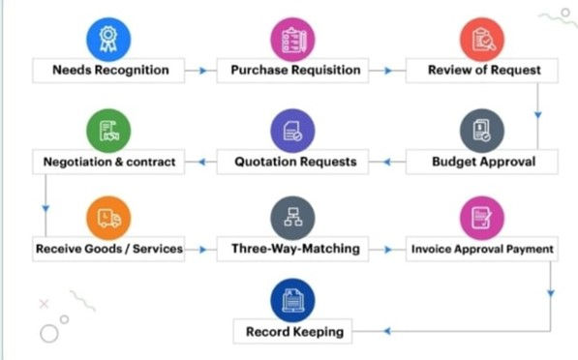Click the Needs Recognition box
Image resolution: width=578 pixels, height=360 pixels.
tap(109, 70)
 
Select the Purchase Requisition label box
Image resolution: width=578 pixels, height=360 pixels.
tap(295, 70)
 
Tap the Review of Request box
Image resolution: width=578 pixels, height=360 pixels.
tap(484, 70)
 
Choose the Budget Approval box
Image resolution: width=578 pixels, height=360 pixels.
tap(482, 162)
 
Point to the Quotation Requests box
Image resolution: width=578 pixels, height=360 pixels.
tap(295, 162)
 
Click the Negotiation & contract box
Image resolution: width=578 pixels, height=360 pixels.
tap(109, 162)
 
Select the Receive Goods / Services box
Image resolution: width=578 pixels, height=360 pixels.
tap(109, 249)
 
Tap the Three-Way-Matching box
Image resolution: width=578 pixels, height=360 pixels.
tap(295, 249)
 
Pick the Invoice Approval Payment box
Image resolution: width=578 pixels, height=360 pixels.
tap(481, 249)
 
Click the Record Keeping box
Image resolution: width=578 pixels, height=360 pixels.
tap(294, 332)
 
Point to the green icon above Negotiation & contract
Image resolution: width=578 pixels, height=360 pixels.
tap(108, 128)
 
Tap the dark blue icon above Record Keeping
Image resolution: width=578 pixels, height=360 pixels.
tap(293, 299)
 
